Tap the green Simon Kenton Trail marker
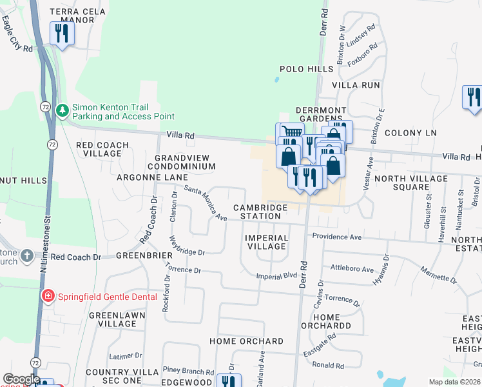click(62, 111)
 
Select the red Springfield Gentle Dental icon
click(47, 297)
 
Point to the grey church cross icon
click(26, 256)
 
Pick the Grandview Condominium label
click(184, 162)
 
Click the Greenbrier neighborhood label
click(142, 255)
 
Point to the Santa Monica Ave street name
click(206, 203)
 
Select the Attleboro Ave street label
click(352, 269)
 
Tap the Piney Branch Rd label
click(188, 371)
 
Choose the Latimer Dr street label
click(126, 355)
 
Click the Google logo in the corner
click(21, 379)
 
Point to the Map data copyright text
click(454, 382)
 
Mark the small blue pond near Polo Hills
click(276, 80)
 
